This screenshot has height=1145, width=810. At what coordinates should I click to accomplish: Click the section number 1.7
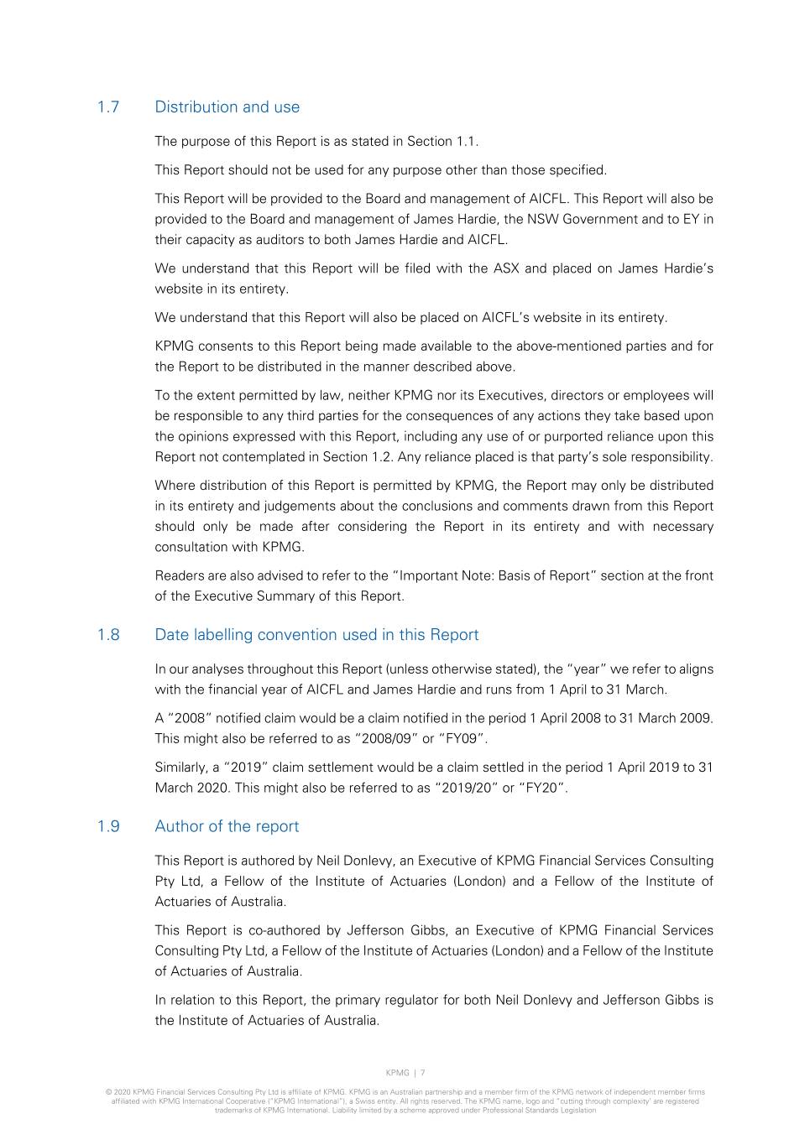[108, 107]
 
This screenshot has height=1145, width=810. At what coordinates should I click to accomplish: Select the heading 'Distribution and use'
[227, 107]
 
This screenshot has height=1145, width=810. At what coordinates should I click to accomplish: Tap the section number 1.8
[108, 635]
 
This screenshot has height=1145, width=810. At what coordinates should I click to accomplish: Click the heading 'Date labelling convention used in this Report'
[316, 635]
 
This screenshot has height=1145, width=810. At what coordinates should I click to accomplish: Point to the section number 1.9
[108, 826]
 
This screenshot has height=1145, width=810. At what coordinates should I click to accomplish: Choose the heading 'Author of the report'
[227, 826]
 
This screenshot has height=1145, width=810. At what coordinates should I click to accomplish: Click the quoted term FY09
[462, 739]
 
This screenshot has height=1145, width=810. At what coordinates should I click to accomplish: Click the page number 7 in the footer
[423, 1073]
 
